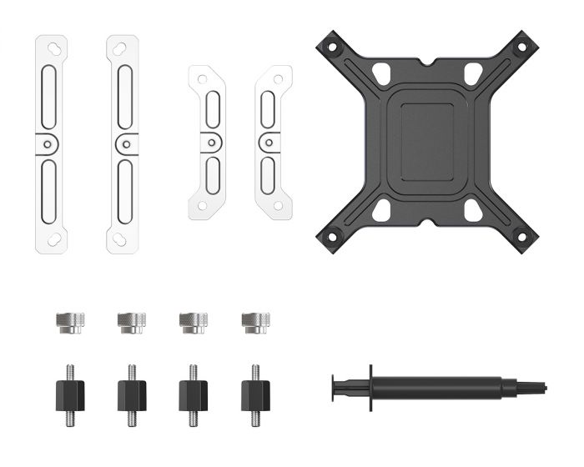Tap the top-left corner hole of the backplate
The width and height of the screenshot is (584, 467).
[x=331, y=48]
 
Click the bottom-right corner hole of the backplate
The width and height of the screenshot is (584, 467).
[x=521, y=237]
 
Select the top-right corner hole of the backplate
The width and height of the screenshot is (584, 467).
[x=521, y=48]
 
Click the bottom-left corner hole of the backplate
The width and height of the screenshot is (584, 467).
[x=331, y=237]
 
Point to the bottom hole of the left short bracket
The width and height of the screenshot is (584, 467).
[x=202, y=203]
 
